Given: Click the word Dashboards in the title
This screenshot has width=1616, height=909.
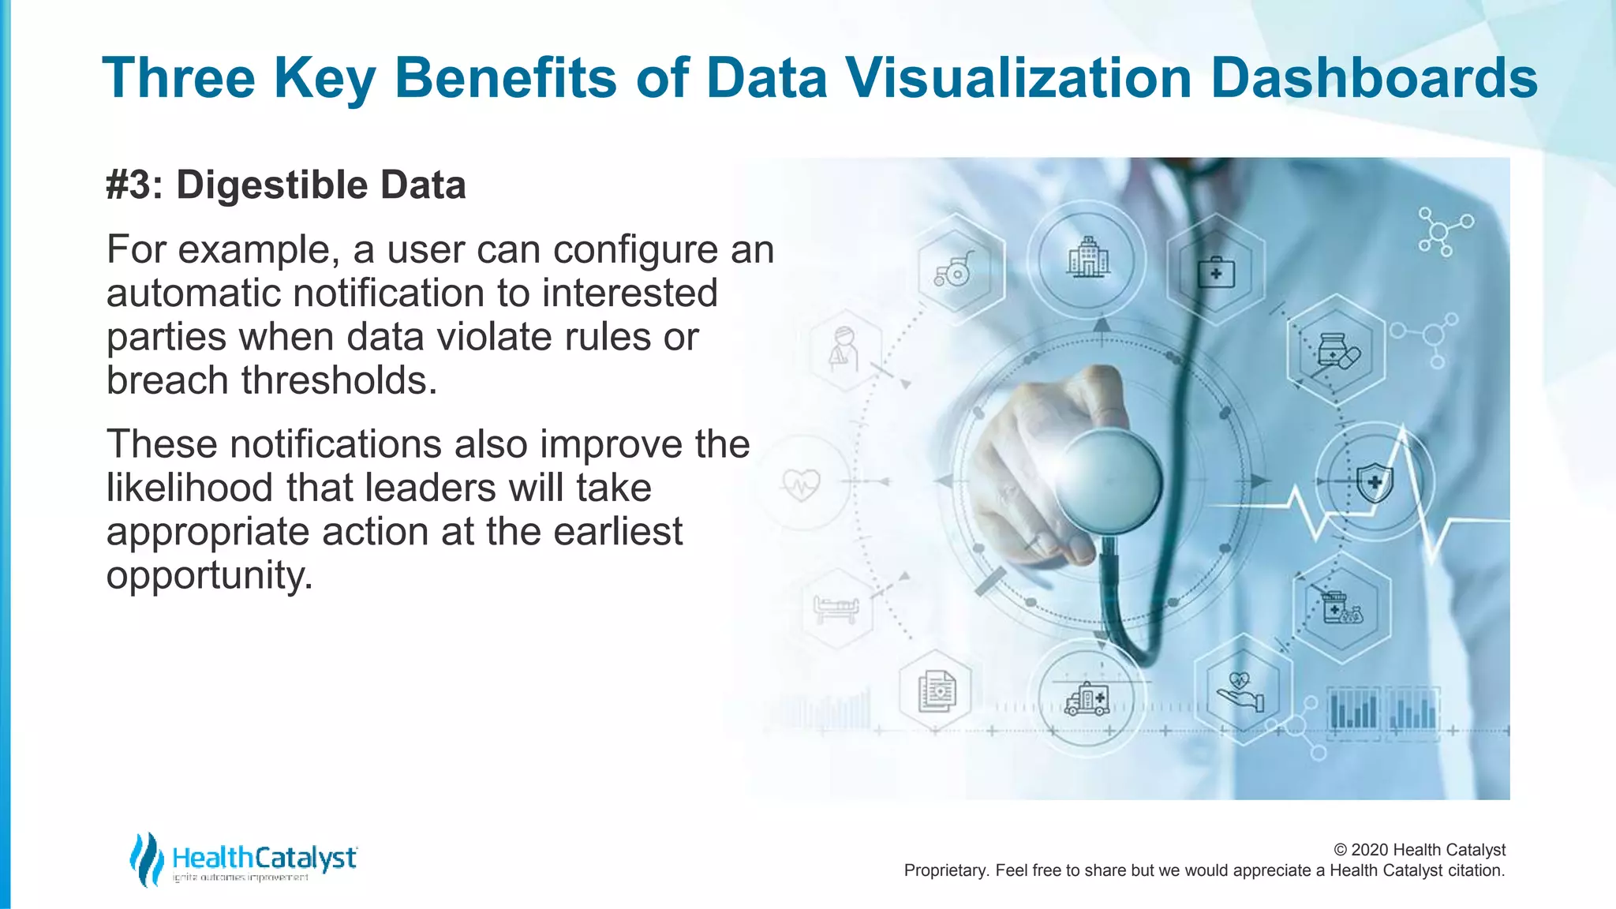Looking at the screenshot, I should click(x=1373, y=78).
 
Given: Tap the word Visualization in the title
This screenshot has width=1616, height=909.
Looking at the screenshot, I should click(x=1018, y=78).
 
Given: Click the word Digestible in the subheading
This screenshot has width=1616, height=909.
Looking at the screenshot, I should click(x=271, y=185).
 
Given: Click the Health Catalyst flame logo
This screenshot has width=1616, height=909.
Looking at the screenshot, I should click(x=146, y=858).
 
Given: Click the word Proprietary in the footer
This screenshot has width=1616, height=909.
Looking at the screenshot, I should click(x=945, y=870).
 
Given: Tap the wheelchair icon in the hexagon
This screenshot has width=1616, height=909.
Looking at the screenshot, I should click(x=954, y=270).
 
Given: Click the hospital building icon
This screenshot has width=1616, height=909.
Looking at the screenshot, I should click(x=1088, y=257).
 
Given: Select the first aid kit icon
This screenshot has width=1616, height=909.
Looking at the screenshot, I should click(x=1215, y=272).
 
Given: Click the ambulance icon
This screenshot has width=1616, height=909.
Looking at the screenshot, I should click(x=1087, y=699).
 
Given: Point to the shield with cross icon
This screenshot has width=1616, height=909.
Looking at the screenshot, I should click(x=1375, y=481).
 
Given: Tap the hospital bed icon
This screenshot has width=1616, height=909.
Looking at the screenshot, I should click(x=836, y=608).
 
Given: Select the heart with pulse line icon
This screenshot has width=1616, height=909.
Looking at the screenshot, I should click(x=801, y=483).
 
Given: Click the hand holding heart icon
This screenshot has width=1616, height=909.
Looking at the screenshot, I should click(x=1240, y=691).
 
